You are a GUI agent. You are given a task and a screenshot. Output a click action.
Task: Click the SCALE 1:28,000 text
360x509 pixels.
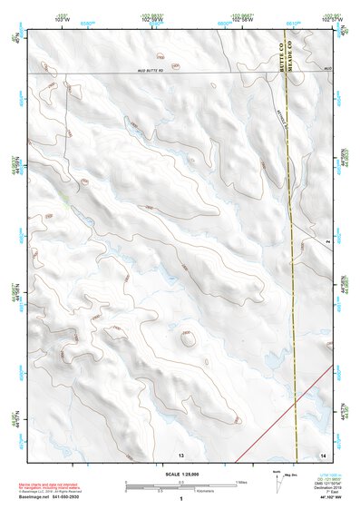click(180, 474)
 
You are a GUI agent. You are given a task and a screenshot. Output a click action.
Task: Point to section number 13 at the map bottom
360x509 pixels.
click(180, 453)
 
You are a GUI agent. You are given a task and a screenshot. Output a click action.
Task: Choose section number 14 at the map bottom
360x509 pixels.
click(322, 453)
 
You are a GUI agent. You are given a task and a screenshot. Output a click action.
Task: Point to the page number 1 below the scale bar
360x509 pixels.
click(181, 499)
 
